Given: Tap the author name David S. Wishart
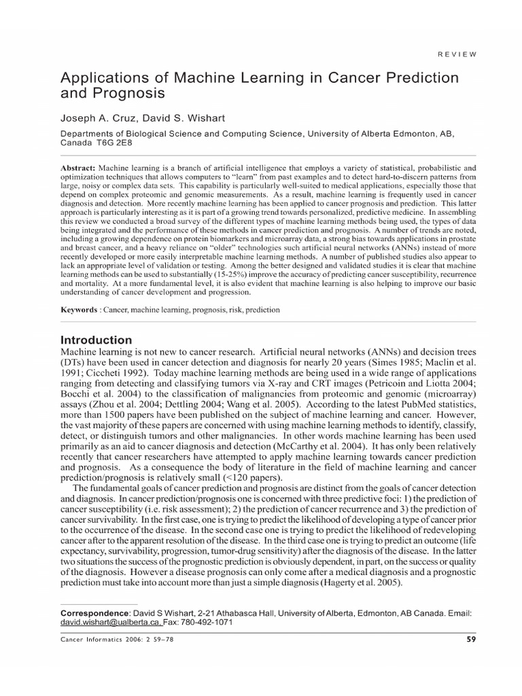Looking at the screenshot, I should pos(179,118).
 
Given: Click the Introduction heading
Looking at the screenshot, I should pos(97,340).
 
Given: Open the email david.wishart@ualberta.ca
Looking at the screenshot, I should pos(111,622).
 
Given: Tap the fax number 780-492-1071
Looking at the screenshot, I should pos(207,622).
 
